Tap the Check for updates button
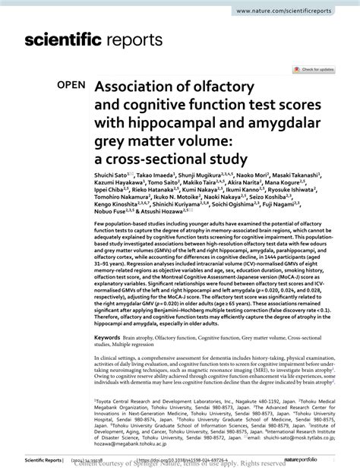pos(317,68)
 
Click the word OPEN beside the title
pos(73,88)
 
